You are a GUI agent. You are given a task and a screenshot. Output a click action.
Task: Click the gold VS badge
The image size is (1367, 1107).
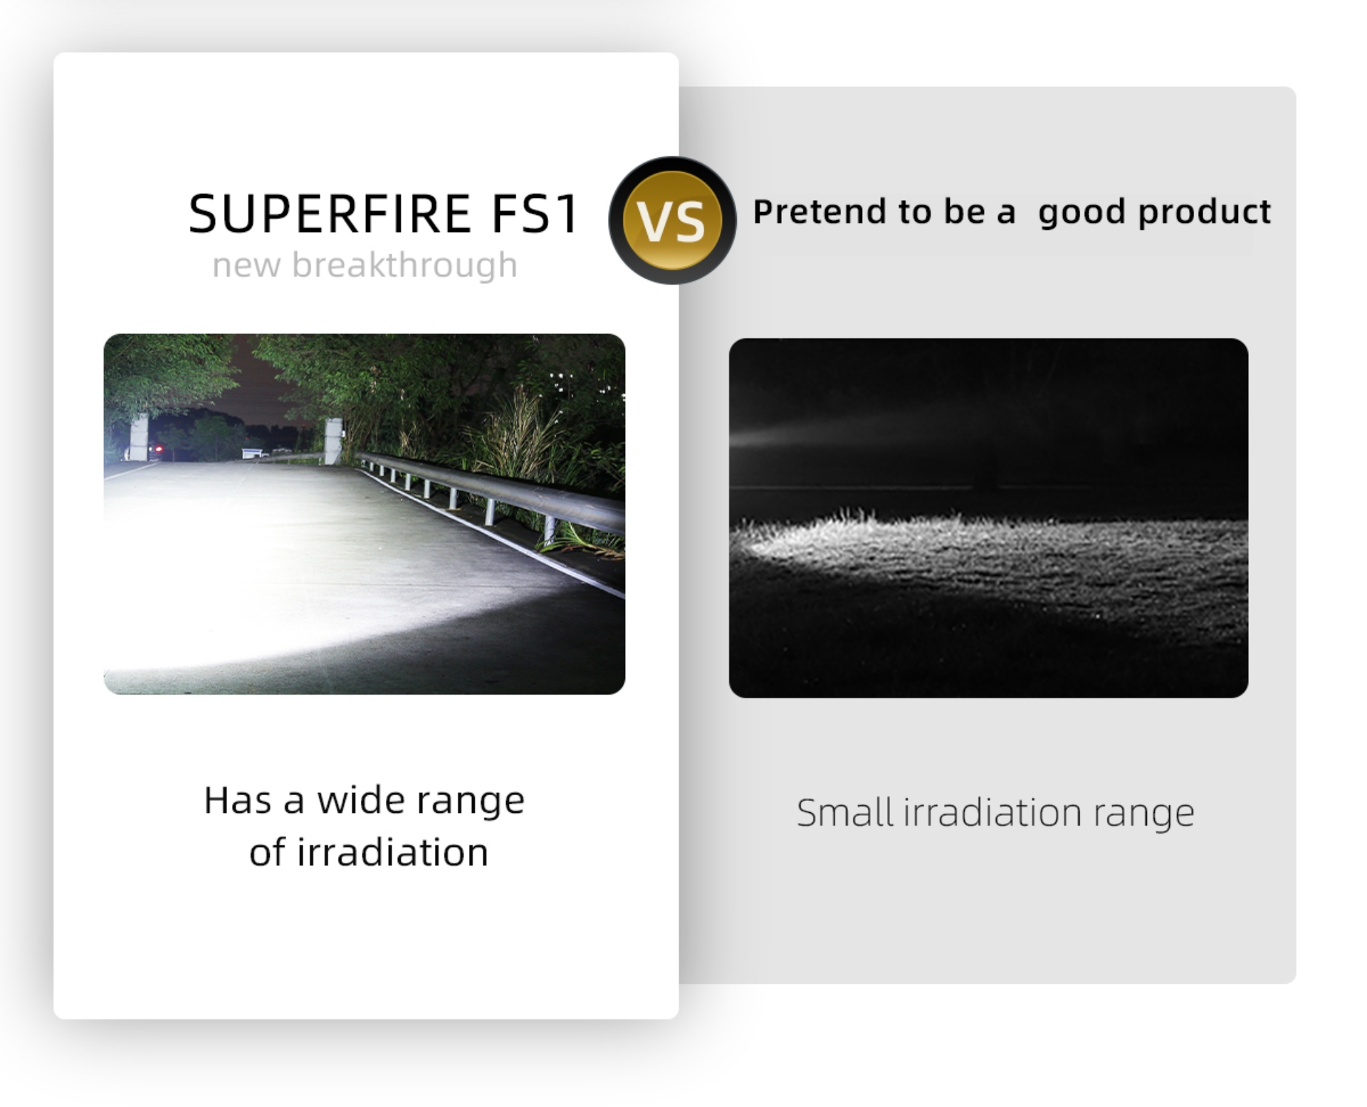pyautogui.click(x=672, y=220)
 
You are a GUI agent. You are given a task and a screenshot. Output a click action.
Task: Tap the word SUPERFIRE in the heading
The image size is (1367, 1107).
pyautogui.click(x=330, y=214)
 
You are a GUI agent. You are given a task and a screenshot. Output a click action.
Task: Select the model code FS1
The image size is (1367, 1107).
pyautogui.click(x=535, y=214)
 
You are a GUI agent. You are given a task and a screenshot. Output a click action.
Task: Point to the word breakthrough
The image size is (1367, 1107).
pyautogui.click(x=404, y=265)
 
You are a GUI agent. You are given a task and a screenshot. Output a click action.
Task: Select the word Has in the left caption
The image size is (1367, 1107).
pyautogui.click(x=238, y=800)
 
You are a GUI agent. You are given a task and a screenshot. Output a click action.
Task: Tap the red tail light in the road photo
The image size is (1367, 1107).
pyautogui.click(x=160, y=449)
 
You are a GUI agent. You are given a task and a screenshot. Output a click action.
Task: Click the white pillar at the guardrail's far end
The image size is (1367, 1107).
pyautogui.click(x=333, y=441)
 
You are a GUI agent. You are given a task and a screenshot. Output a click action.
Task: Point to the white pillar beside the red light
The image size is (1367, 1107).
pyautogui.click(x=139, y=436)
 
